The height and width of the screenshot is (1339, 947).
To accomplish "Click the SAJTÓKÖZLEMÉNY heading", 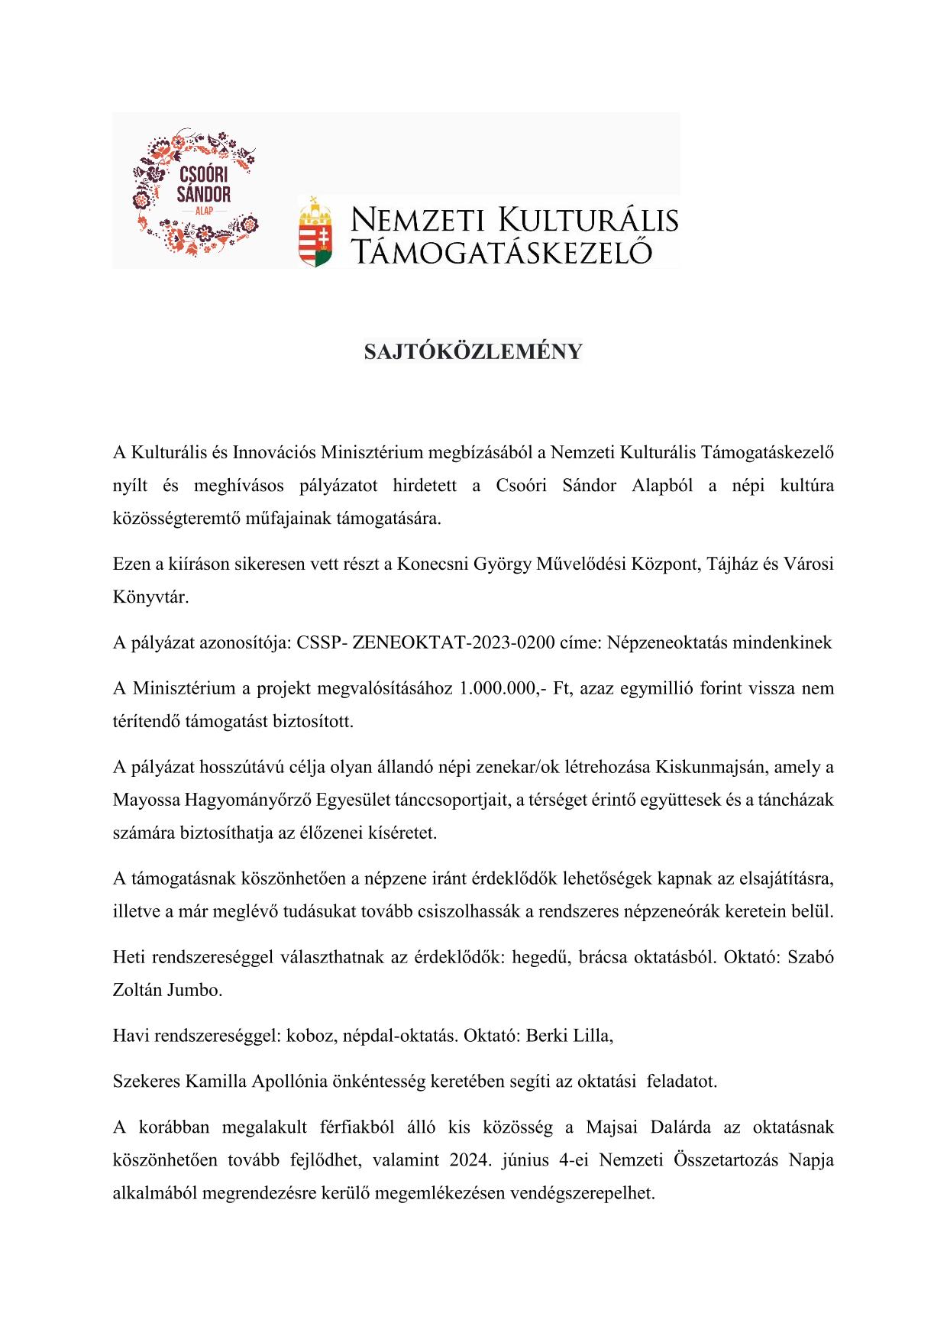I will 473,351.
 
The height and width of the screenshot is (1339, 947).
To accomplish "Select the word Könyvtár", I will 150,597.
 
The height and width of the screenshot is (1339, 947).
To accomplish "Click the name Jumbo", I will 197,990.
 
